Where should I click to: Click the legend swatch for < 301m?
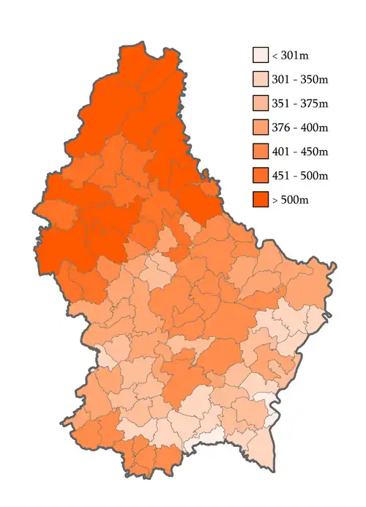(x=261, y=55)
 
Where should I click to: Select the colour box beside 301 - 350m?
(x=261, y=79)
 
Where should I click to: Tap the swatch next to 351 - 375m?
(x=261, y=103)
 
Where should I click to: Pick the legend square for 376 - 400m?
(x=261, y=127)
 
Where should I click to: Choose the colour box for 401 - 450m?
(x=261, y=152)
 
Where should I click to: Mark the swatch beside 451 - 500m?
(x=261, y=176)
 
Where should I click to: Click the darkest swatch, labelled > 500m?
(x=261, y=200)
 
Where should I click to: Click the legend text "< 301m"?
(x=288, y=56)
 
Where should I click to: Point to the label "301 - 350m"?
(x=300, y=80)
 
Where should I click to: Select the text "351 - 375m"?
(x=300, y=104)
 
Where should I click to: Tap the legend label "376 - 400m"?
(x=300, y=128)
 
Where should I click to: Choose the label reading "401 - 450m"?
(x=300, y=152)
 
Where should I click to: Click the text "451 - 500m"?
(x=300, y=177)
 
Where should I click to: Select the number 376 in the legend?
(x=282, y=128)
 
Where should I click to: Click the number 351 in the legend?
(x=282, y=104)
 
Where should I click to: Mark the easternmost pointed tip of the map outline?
(x=335, y=264)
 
